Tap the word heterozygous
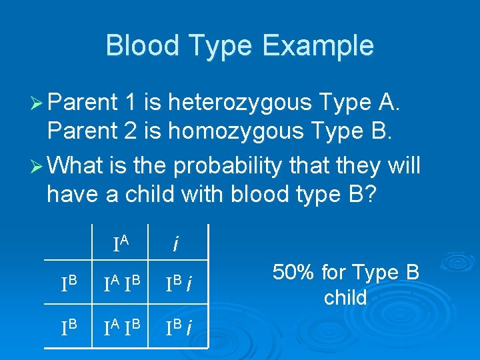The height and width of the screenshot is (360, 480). click(241, 103)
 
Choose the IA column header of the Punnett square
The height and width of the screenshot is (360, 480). click(121, 243)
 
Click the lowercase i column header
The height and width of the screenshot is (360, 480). click(175, 245)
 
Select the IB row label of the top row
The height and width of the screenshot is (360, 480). click(70, 285)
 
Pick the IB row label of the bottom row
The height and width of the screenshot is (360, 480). click(70, 327)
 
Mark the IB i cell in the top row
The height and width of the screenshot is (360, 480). click(179, 285)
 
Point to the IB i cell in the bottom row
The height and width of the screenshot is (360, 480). click(179, 327)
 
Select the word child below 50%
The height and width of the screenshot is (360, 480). click(345, 297)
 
